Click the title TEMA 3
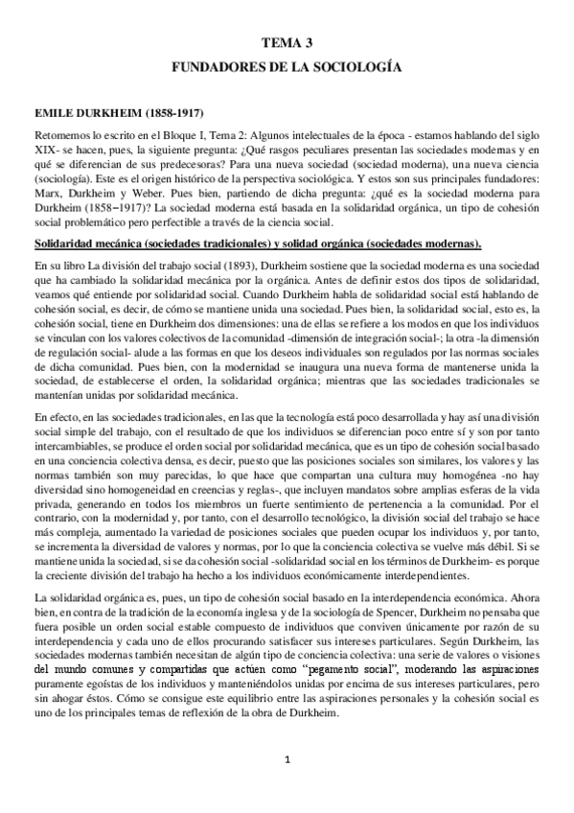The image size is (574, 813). (x=287, y=43)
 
